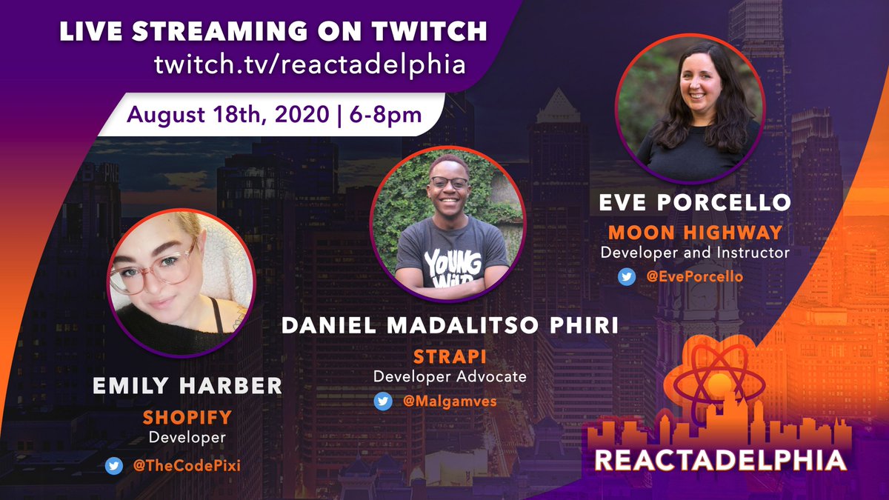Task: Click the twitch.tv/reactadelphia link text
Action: [310, 64]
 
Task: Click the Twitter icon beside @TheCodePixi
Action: [113, 466]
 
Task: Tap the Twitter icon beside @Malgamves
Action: [383, 401]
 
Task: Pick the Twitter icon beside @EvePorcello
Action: [626, 276]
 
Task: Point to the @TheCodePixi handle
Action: [179, 466]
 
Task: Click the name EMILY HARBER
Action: [187, 385]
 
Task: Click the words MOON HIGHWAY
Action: [693, 233]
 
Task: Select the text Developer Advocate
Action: [450, 376]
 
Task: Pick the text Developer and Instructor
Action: [694, 253]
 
